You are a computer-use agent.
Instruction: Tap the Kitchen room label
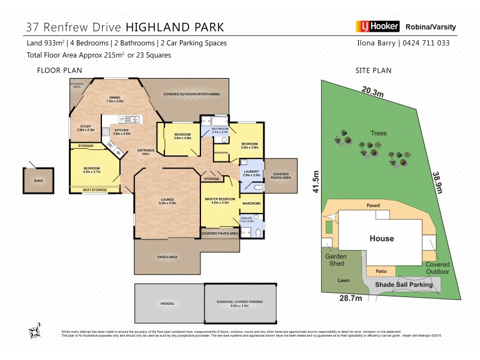tap(122, 132)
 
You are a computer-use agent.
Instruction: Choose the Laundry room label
tap(251, 173)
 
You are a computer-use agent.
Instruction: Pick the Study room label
tap(87, 127)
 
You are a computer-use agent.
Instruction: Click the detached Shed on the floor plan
tap(38, 179)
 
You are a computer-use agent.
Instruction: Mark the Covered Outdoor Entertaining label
tap(192, 94)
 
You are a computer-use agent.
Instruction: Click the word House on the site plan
tap(382, 238)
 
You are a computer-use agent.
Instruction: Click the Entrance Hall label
tap(146, 152)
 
